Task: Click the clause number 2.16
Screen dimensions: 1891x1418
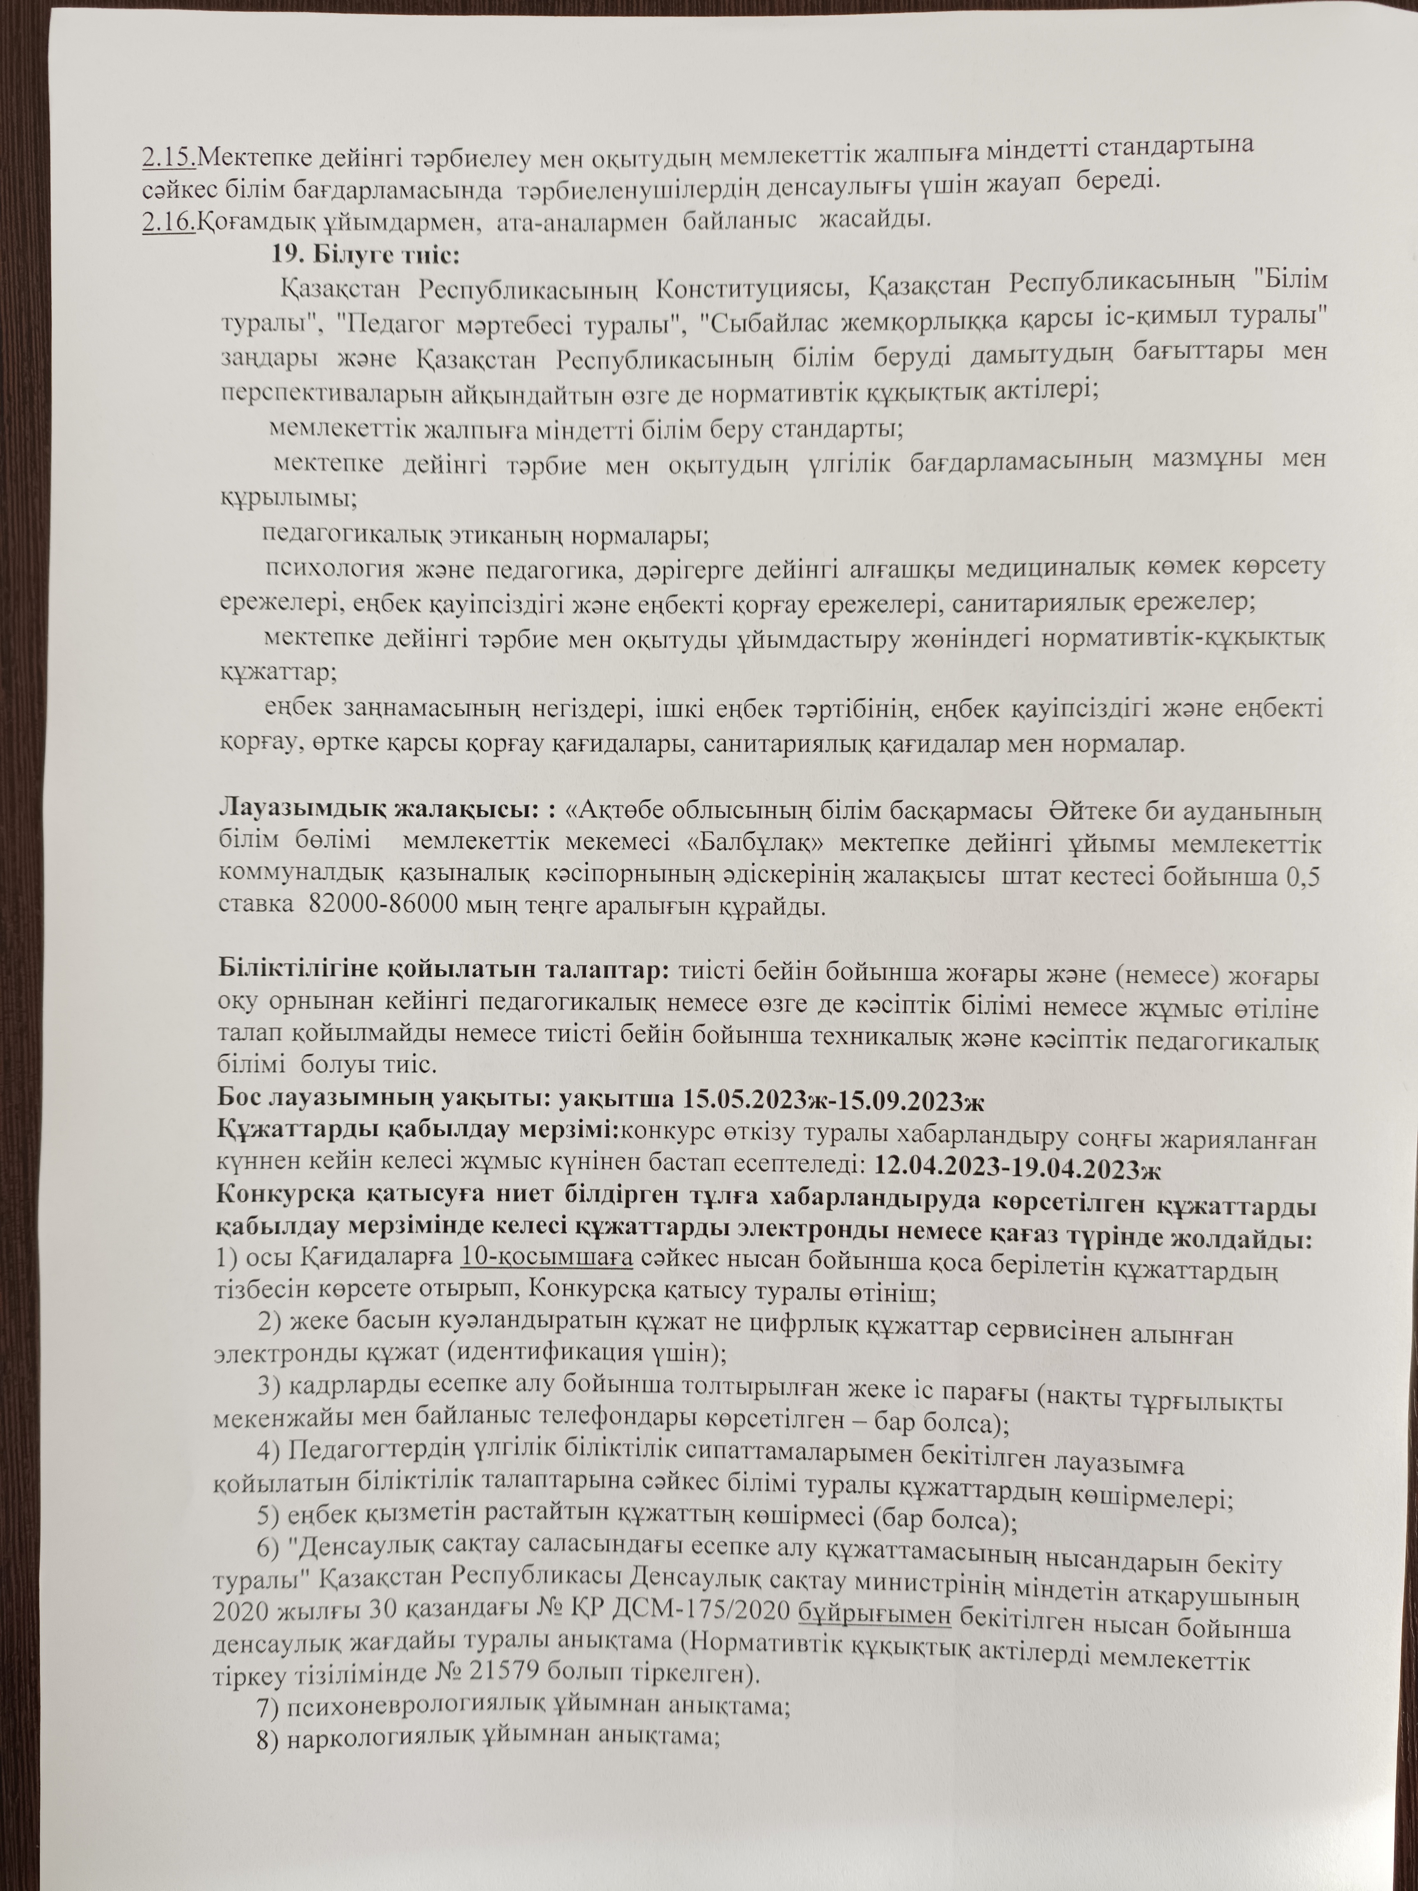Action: click(x=169, y=220)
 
